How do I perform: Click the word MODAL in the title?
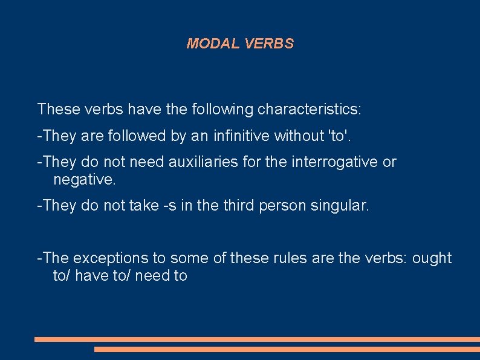pyautogui.click(x=214, y=44)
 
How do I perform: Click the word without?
pyautogui.click(x=299, y=136)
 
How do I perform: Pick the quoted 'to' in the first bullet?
pyautogui.click(x=337, y=136)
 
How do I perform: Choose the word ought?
pyautogui.click(x=432, y=258)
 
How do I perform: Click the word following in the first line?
pyautogui.click(x=222, y=110)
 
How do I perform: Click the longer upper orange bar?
pyautogui.click(x=257, y=339)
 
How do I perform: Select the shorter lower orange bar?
pyautogui.click(x=287, y=349)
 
